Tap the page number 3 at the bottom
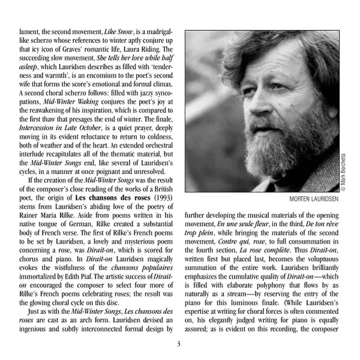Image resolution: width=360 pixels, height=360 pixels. (179, 344)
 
